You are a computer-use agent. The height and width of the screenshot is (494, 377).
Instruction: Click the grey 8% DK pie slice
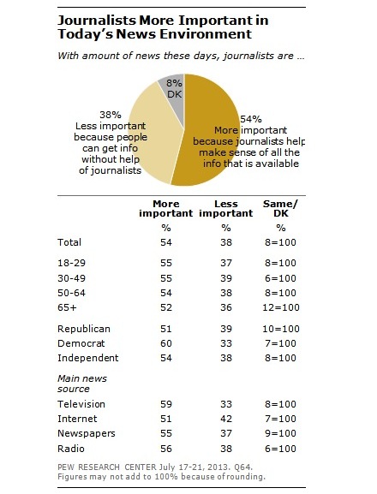[x=170, y=86]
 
